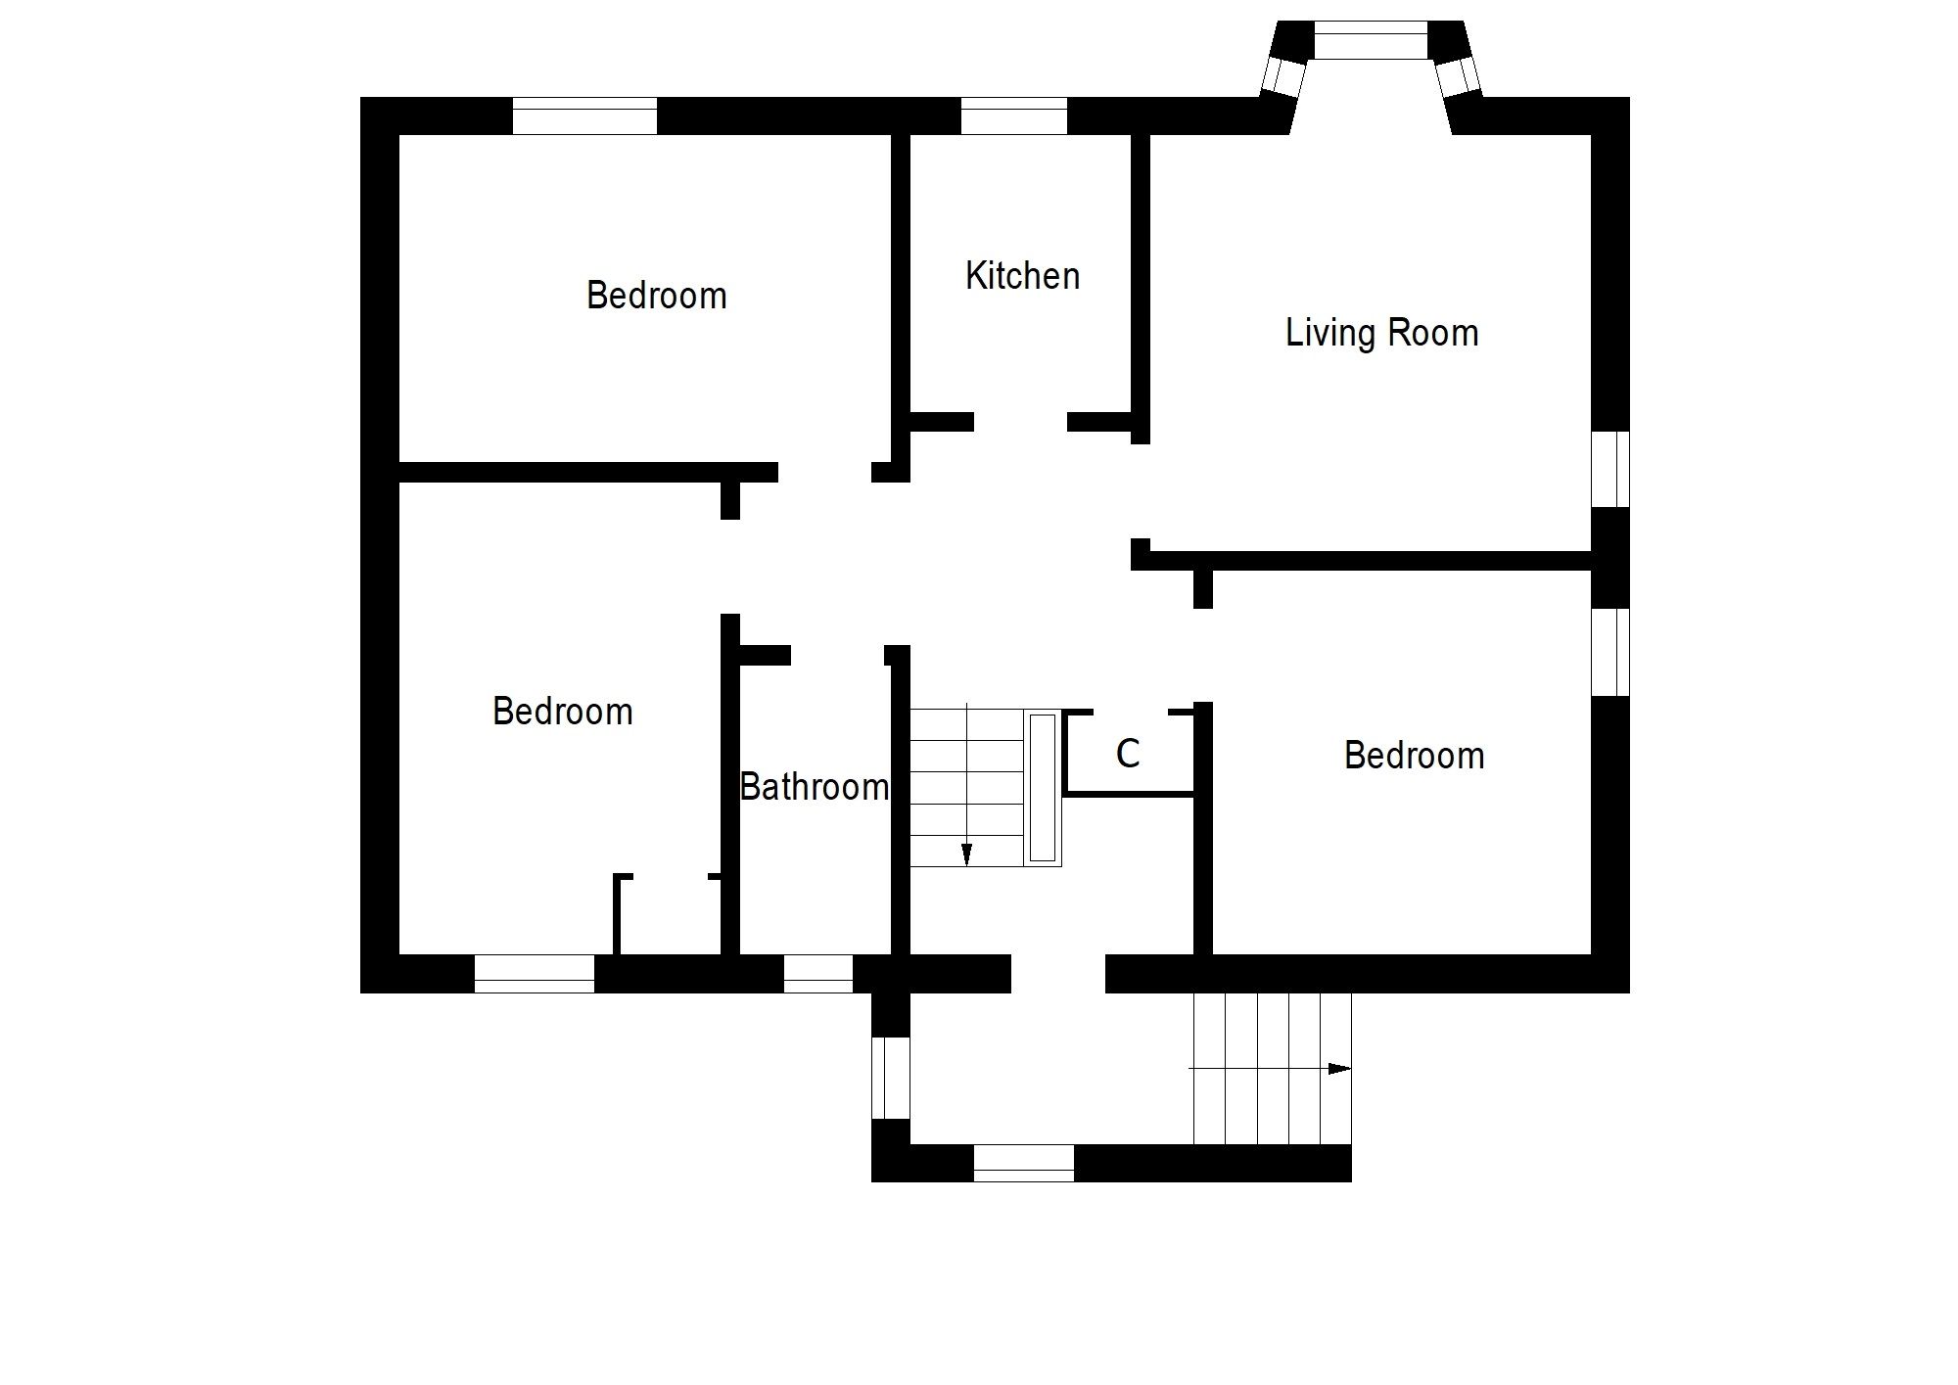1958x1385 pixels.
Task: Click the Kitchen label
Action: (x=1022, y=277)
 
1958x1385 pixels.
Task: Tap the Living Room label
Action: (x=1381, y=334)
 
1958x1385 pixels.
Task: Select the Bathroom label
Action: (x=814, y=787)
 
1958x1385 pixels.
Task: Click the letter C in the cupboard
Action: (x=1128, y=754)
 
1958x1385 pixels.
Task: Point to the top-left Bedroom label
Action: (x=656, y=296)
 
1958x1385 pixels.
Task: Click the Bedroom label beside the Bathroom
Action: (x=562, y=712)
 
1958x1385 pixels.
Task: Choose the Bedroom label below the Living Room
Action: (x=1414, y=756)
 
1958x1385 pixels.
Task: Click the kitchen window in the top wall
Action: (x=1013, y=115)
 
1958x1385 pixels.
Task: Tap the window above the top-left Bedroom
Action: (x=584, y=115)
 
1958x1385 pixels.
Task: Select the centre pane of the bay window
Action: (x=1371, y=40)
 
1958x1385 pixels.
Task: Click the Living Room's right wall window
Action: (x=1610, y=469)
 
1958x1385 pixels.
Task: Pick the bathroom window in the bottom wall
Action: (x=818, y=974)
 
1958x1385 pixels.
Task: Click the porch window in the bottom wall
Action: (x=1023, y=1163)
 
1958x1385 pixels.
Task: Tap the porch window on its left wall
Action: (x=890, y=1078)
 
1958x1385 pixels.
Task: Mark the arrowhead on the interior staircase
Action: (x=966, y=854)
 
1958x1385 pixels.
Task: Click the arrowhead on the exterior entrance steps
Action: (x=1339, y=1069)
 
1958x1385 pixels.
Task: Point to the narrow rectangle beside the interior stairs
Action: (x=1043, y=788)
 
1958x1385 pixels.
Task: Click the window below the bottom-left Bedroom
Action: (x=535, y=974)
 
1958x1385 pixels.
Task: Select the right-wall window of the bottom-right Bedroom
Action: (x=1610, y=653)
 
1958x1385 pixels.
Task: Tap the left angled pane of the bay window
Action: (x=1282, y=75)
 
